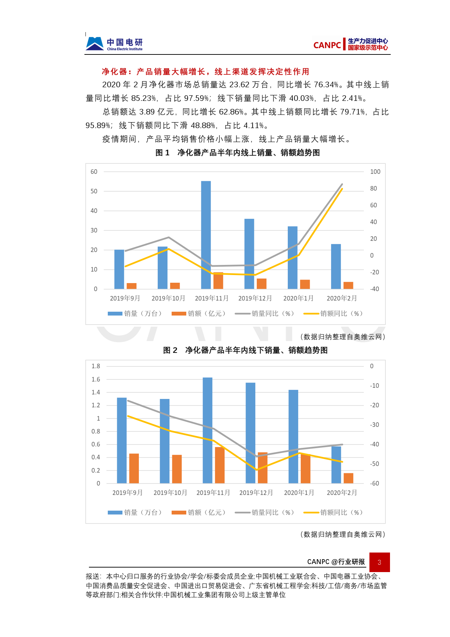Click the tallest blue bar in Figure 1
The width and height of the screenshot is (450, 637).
[206, 235]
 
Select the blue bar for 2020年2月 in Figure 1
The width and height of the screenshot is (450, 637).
[336, 266]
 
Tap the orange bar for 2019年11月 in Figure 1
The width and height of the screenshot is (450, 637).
[218, 281]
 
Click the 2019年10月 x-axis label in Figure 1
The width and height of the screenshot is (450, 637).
[168, 298]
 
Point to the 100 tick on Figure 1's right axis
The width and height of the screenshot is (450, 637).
[375, 172]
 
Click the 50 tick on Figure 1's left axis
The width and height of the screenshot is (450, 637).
[94, 191]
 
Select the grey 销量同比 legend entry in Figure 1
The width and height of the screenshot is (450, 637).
[264, 313]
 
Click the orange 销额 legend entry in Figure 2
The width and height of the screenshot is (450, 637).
[198, 512]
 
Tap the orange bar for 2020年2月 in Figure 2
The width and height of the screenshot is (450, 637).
[348, 478]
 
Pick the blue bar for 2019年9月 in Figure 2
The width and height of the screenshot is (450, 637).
[122, 440]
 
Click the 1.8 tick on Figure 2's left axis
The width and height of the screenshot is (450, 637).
[96, 366]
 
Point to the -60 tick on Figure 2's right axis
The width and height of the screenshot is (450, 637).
[374, 483]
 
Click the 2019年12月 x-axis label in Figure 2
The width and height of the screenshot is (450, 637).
[256, 492]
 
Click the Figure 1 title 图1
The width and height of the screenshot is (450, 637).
[237, 153]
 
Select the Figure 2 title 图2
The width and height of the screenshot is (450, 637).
[245, 350]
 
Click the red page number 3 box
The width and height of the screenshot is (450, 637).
[379, 562]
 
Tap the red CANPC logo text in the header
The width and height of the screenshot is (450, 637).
[327, 45]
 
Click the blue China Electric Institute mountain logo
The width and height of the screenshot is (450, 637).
[95, 44]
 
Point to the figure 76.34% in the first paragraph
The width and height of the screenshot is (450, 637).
[326, 85]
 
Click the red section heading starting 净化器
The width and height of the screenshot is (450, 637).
[205, 72]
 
